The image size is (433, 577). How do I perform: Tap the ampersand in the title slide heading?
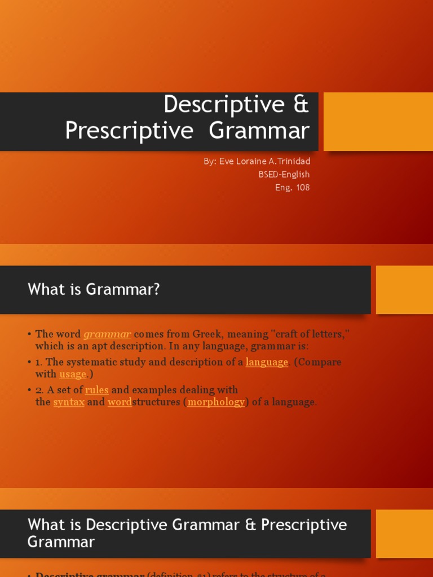coord(301,105)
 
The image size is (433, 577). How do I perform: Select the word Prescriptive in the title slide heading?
coord(129,131)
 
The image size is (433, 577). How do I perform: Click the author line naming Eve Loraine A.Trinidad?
coord(257,161)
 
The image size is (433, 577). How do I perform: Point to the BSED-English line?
coord(284,175)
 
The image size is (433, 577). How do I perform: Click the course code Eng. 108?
coord(292,188)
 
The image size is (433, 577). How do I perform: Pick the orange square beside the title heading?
coord(378,122)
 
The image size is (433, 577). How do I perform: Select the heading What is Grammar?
coord(94,290)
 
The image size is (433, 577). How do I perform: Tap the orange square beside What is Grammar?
coord(404,290)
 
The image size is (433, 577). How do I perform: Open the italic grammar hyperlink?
coord(107,334)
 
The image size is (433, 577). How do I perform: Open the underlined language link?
coord(267,362)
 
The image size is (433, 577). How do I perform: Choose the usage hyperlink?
coord(73,374)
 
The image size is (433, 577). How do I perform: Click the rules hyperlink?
coord(96,390)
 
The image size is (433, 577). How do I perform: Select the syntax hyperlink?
coord(69,402)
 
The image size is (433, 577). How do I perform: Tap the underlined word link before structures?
coord(120,402)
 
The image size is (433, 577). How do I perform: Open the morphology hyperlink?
coord(216,402)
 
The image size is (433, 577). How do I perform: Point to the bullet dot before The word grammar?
coord(29,335)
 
